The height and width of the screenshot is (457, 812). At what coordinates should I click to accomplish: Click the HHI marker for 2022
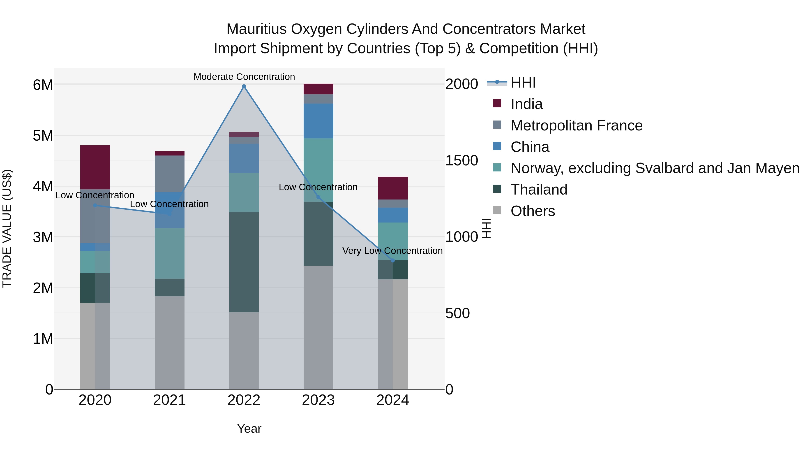pyautogui.click(x=244, y=86)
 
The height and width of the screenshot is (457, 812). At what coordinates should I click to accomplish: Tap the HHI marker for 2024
pyautogui.click(x=392, y=260)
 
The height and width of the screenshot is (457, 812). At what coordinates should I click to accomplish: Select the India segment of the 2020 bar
pyautogui.click(x=95, y=167)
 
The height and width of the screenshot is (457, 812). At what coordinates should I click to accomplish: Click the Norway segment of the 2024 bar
pyautogui.click(x=392, y=241)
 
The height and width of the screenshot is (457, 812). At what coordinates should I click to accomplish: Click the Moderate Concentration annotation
pyautogui.click(x=244, y=77)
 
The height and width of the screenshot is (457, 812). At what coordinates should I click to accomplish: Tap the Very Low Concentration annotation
pyautogui.click(x=392, y=251)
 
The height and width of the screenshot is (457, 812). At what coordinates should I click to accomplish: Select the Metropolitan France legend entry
pyautogui.click(x=576, y=125)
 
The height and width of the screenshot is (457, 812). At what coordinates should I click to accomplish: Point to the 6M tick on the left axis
pyautogui.click(x=43, y=85)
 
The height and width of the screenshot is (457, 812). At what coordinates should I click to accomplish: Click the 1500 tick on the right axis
pyautogui.click(x=461, y=160)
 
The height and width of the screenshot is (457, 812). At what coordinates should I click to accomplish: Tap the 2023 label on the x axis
pyautogui.click(x=318, y=400)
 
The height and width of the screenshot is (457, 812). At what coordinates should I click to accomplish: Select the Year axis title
pyautogui.click(x=249, y=429)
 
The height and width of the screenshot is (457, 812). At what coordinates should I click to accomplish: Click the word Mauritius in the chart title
pyautogui.click(x=256, y=29)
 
